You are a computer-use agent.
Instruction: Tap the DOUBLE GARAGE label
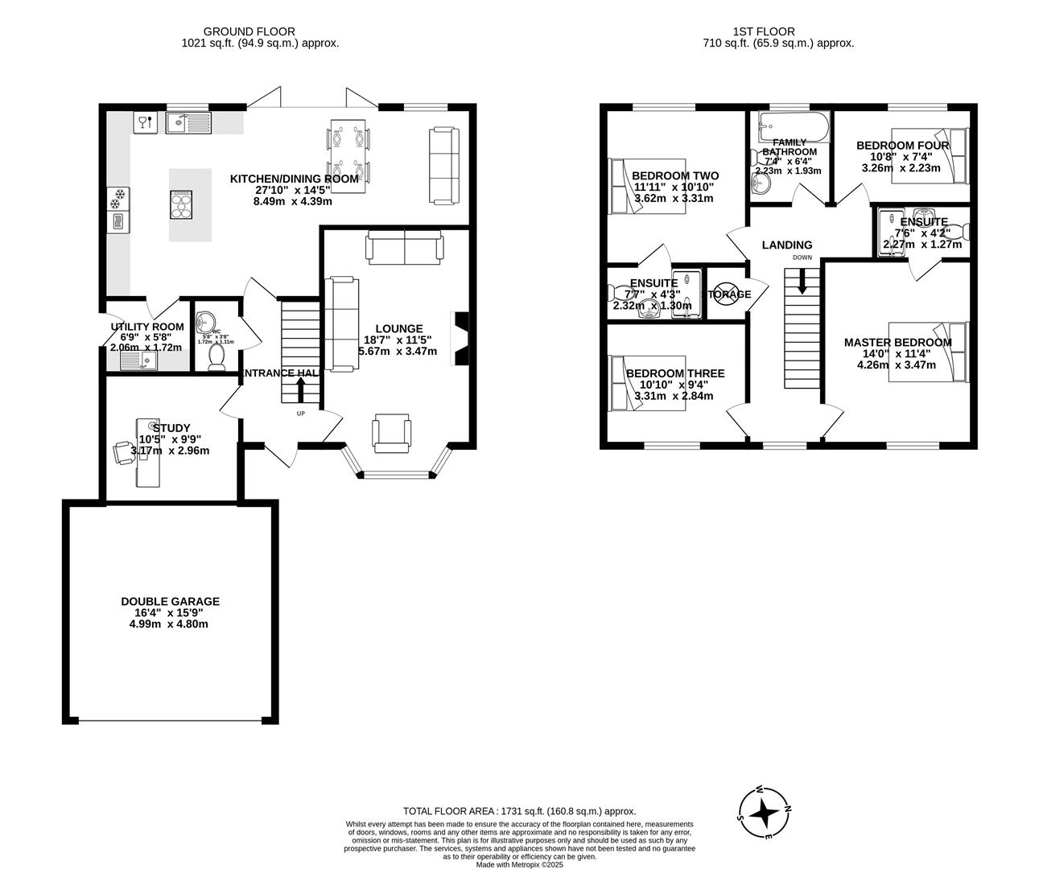pos(170,601)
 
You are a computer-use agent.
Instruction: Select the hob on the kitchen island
pos(182,204)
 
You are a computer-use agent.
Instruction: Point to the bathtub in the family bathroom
pos(794,127)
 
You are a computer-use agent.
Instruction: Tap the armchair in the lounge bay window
pos(392,432)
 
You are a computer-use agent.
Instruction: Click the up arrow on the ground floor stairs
pos(301,389)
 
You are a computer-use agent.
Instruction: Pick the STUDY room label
pos(171,428)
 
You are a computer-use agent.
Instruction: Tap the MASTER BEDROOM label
pos(897,343)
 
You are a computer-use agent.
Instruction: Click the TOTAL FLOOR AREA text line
pos(519,811)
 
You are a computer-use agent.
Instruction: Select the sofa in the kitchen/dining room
pos(443,164)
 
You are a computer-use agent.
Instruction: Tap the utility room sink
pos(139,361)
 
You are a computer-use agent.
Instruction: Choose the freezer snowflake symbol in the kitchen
pos(118,196)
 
